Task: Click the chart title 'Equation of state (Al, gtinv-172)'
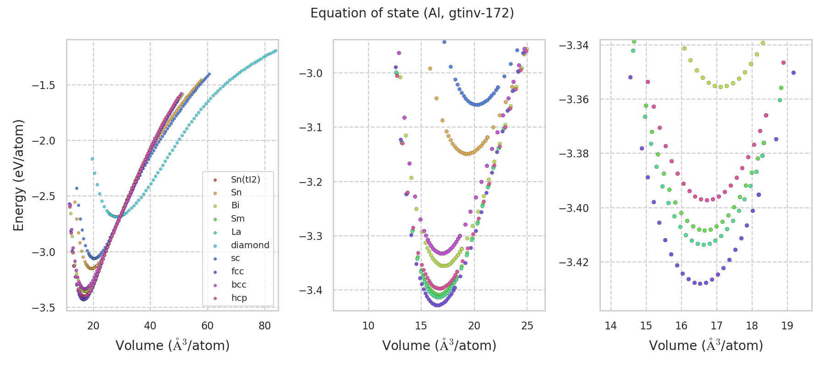[412, 13]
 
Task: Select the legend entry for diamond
[250, 245]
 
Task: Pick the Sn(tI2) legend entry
[245, 179]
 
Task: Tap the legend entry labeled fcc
[237, 272]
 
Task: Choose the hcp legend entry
[239, 298]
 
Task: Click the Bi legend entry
[235, 206]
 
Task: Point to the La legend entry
[236, 232]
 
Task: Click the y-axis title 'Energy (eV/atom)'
[18, 175]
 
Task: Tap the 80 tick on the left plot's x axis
[264, 326]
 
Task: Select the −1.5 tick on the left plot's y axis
[44, 85]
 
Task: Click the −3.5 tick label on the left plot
[44, 308]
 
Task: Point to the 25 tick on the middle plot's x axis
[527, 326]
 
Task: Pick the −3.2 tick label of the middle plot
[311, 182]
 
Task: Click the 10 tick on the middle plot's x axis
[368, 326]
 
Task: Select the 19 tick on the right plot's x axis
[787, 326]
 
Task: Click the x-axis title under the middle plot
[439, 345]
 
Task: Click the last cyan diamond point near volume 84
[275, 50]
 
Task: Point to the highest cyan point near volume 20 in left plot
[92, 159]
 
